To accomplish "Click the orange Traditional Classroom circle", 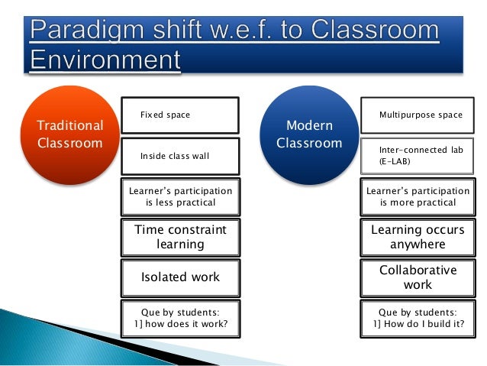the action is pyautogui.click(x=70, y=135).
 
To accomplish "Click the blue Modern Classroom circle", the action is pyautogui.click(x=309, y=135).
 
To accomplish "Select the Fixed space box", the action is pyautogui.click(x=180, y=115).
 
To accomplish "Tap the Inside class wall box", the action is pyautogui.click(x=180, y=156).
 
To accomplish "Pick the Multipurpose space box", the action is pyautogui.click(x=418, y=115).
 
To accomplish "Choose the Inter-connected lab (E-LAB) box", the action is pyautogui.click(x=417, y=156).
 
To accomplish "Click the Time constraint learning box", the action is pyautogui.click(x=180, y=238).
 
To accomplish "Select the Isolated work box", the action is pyautogui.click(x=180, y=278).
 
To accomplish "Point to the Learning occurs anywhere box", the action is pyautogui.click(x=418, y=238).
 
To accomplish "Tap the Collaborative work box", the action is pyautogui.click(x=418, y=278).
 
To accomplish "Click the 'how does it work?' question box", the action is pyautogui.click(x=180, y=319).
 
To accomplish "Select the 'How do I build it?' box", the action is pyautogui.click(x=418, y=319).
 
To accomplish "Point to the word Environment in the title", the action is pyautogui.click(x=105, y=60).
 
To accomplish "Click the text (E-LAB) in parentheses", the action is pyautogui.click(x=395, y=161).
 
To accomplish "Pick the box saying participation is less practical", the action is pyautogui.click(x=180, y=196).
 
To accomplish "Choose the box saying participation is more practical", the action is pyautogui.click(x=418, y=196).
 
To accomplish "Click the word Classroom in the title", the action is pyautogui.click(x=375, y=30).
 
